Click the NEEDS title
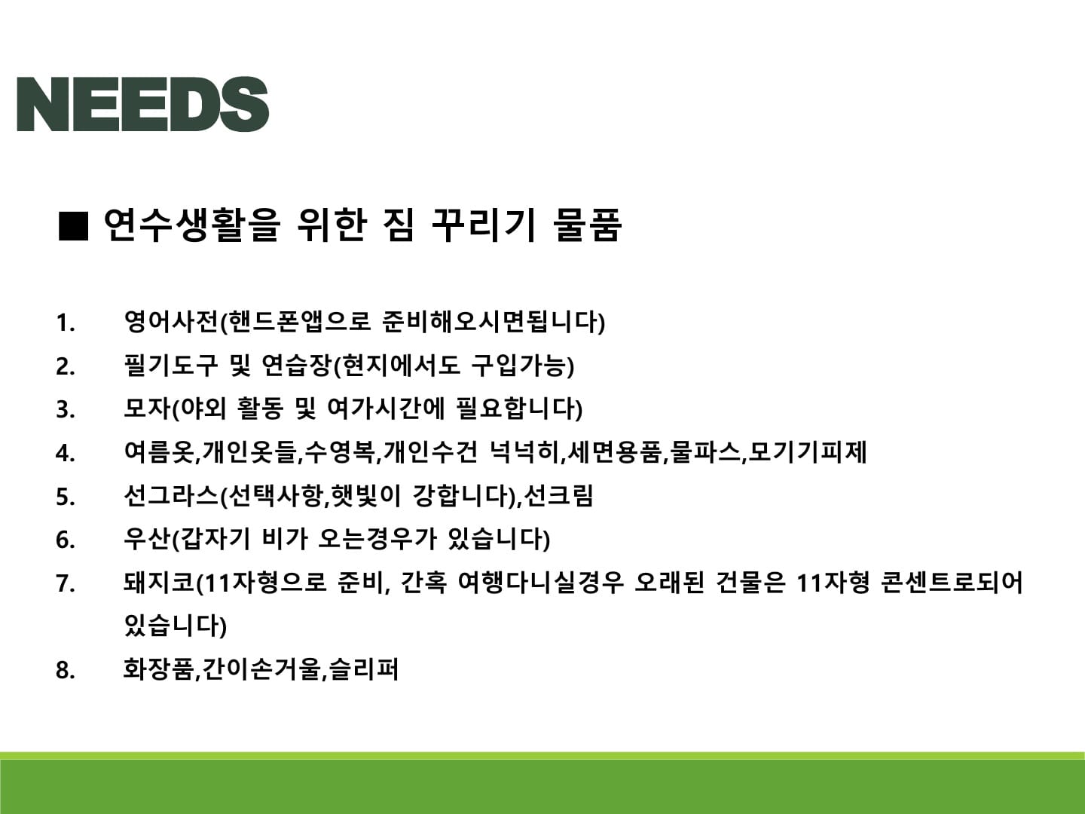point(143,104)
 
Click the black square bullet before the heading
point(73,226)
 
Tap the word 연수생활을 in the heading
point(192,225)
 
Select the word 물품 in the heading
point(587,225)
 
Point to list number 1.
point(66,323)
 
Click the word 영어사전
point(170,322)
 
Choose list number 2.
point(66,367)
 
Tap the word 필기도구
point(170,366)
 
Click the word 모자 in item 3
point(147,409)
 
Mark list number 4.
point(66,453)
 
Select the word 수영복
point(339,451)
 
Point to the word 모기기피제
point(807,451)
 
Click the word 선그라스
point(170,495)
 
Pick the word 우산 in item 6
point(147,539)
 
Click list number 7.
point(66,583)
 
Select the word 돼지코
point(159,582)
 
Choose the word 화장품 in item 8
point(158,669)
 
